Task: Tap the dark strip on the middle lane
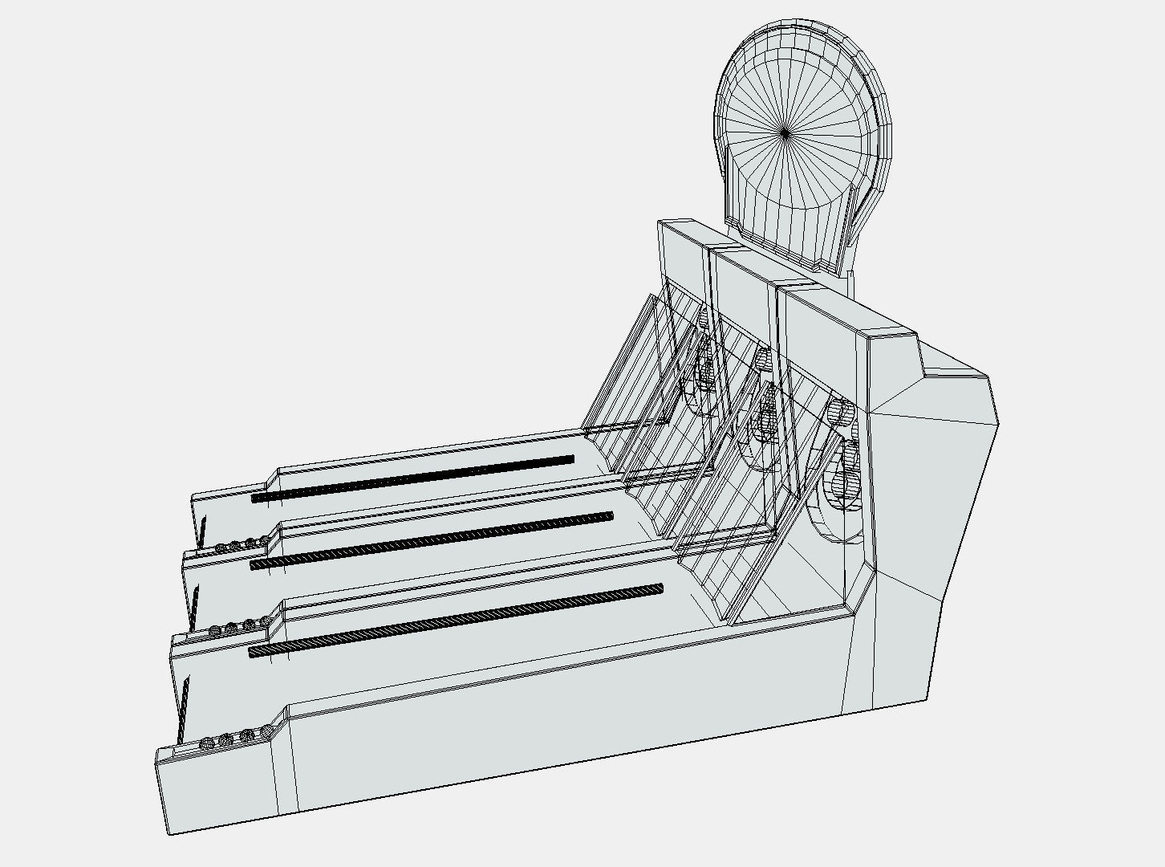[432, 540]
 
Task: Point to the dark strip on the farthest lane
[412, 478]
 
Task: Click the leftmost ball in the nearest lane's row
[207, 743]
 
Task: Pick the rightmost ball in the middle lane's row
[266, 621]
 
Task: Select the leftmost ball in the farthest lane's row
[221, 547]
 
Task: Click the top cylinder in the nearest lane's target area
[842, 413]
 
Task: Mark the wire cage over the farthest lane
[634, 369]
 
